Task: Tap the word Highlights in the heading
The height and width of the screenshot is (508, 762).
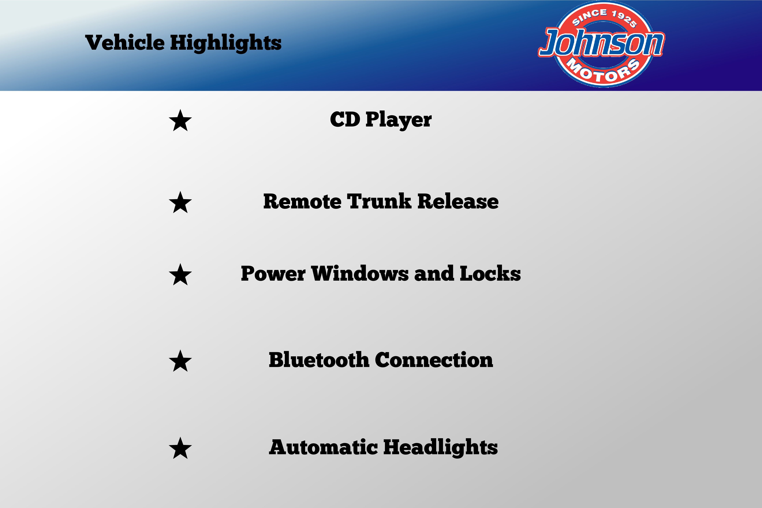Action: [226, 43]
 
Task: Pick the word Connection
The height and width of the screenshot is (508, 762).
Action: [434, 360]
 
